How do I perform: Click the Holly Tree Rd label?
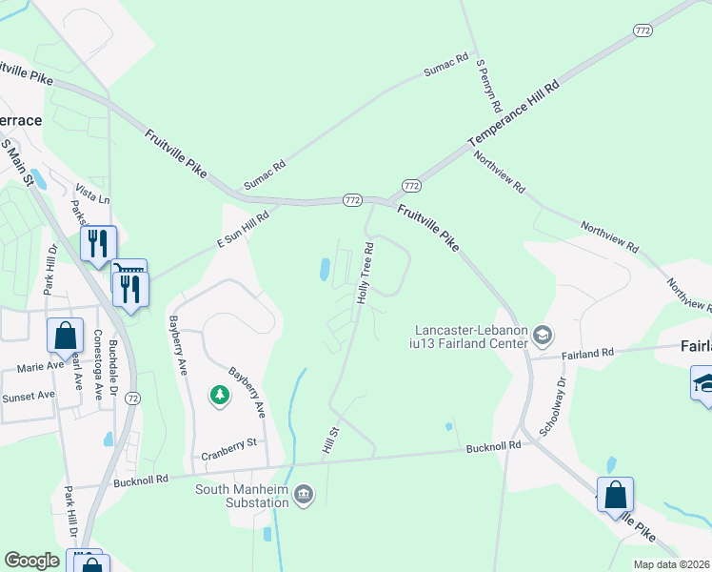point(364,273)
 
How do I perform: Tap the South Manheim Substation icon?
point(304,493)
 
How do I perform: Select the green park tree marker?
point(220,395)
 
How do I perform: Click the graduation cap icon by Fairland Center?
point(542,335)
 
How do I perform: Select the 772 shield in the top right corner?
point(643,31)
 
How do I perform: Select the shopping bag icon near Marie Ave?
point(65,336)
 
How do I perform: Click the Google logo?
point(31,560)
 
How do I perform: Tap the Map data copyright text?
point(670,564)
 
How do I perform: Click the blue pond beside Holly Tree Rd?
point(326,270)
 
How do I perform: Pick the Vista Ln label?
point(92,198)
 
